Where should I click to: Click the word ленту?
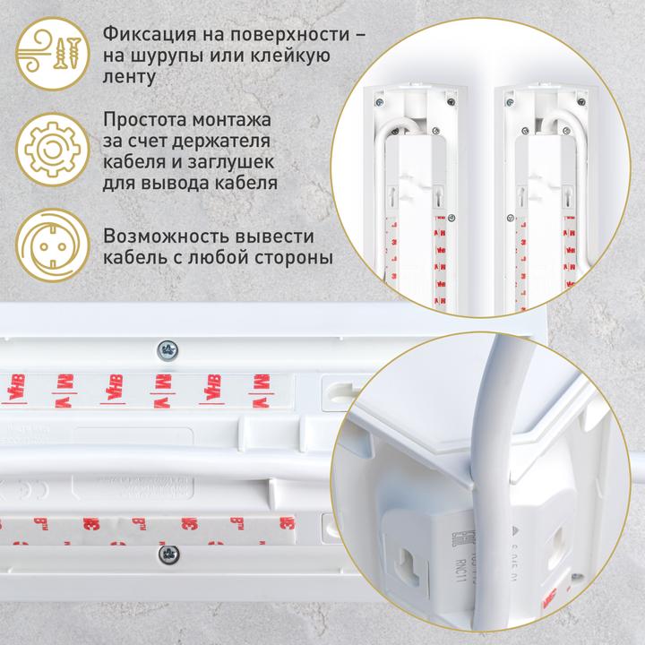pos(131,78)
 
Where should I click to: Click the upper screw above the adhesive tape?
pos(166,348)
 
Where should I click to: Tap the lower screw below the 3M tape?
pos(166,555)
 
